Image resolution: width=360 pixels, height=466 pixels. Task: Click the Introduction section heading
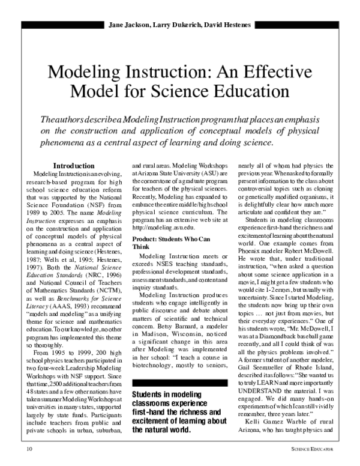(x=77, y=165)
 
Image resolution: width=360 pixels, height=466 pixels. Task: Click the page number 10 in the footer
(x=29, y=449)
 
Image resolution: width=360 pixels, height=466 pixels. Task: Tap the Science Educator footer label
(x=312, y=449)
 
